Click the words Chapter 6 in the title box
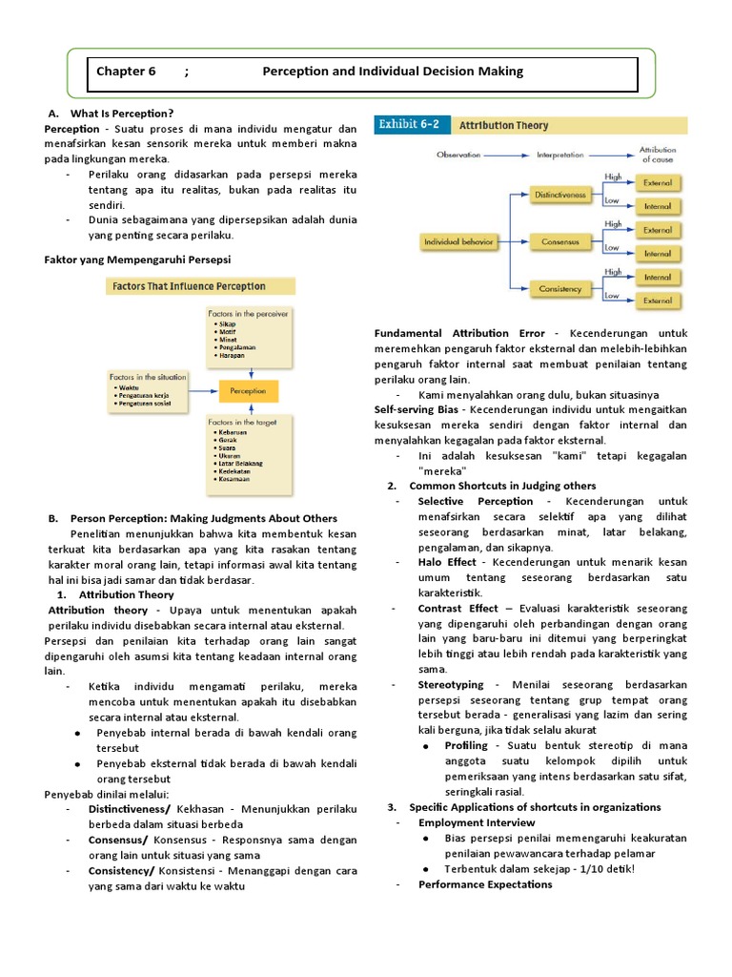[126, 72]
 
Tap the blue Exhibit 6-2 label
[410, 125]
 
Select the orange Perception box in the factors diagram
[249, 391]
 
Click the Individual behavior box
[459, 242]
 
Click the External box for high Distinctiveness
[658, 182]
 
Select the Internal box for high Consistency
[658, 278]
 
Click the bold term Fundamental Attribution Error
[459, 333]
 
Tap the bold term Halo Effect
[447, 562]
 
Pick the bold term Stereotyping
[451, 685]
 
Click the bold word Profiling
[466, 745]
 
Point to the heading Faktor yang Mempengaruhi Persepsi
[138, 260]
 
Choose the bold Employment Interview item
[470, 821]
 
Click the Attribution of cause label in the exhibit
[657, 154]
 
